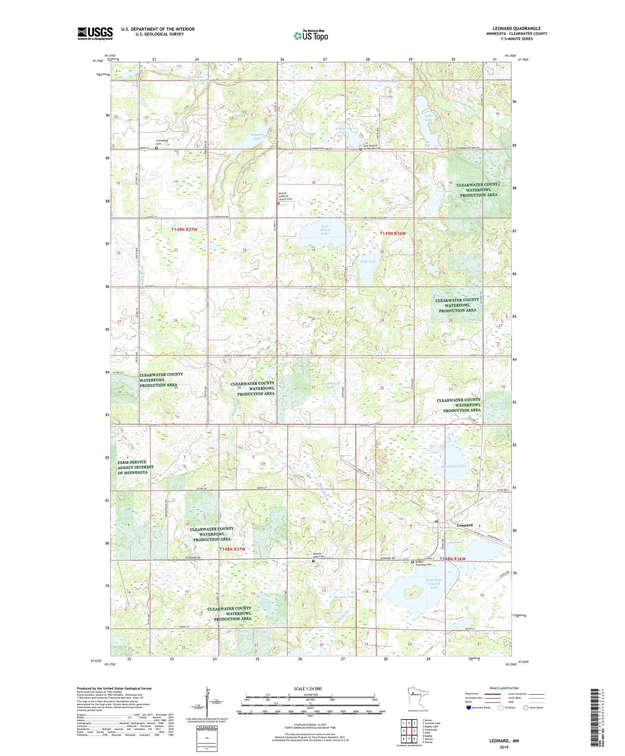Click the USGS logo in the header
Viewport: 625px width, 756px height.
click(95, 33)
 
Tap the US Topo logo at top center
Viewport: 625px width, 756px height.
click(311, 36)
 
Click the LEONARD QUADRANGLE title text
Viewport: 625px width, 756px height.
click(516, 29)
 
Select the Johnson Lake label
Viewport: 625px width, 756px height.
click(256, 136)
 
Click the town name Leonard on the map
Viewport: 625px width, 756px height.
click(465, 525)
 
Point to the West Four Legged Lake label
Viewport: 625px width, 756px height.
click(434, 583)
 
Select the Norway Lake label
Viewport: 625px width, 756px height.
click(345, 597)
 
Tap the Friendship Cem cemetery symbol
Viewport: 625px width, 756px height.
click(157, 148)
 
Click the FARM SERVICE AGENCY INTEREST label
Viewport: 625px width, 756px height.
click(135, 467)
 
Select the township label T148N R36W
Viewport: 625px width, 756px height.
click(452, 559)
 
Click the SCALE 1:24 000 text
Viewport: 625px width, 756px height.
click(308, 688)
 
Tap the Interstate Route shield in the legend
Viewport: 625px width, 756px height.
click(469, 708)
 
